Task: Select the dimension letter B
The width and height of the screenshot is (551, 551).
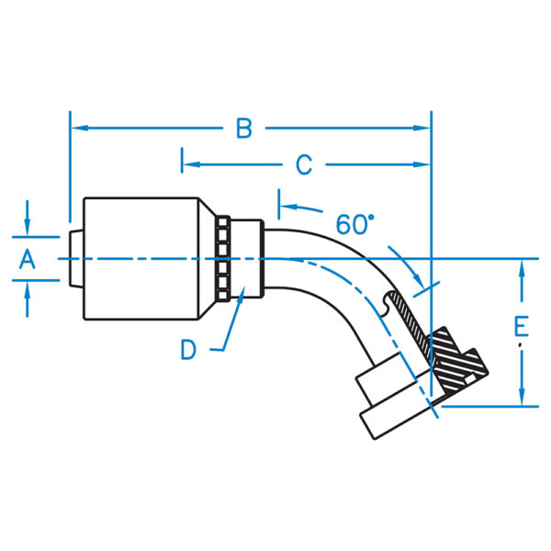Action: tap(243, 129)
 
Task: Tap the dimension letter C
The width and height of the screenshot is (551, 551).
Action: tap(304, 165)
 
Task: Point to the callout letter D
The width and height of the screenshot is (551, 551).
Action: tap(188, 350)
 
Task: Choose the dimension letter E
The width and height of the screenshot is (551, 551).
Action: tap(521, 326)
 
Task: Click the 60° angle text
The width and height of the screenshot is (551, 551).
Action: tap(355, 224)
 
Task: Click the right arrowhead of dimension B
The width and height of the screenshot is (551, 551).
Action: tap(423, 128)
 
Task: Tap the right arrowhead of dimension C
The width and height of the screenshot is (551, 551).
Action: tap(423, 165)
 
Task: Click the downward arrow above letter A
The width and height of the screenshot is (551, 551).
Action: tap(28, 227)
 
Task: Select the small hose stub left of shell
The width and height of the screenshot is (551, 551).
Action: tap(75, 259)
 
